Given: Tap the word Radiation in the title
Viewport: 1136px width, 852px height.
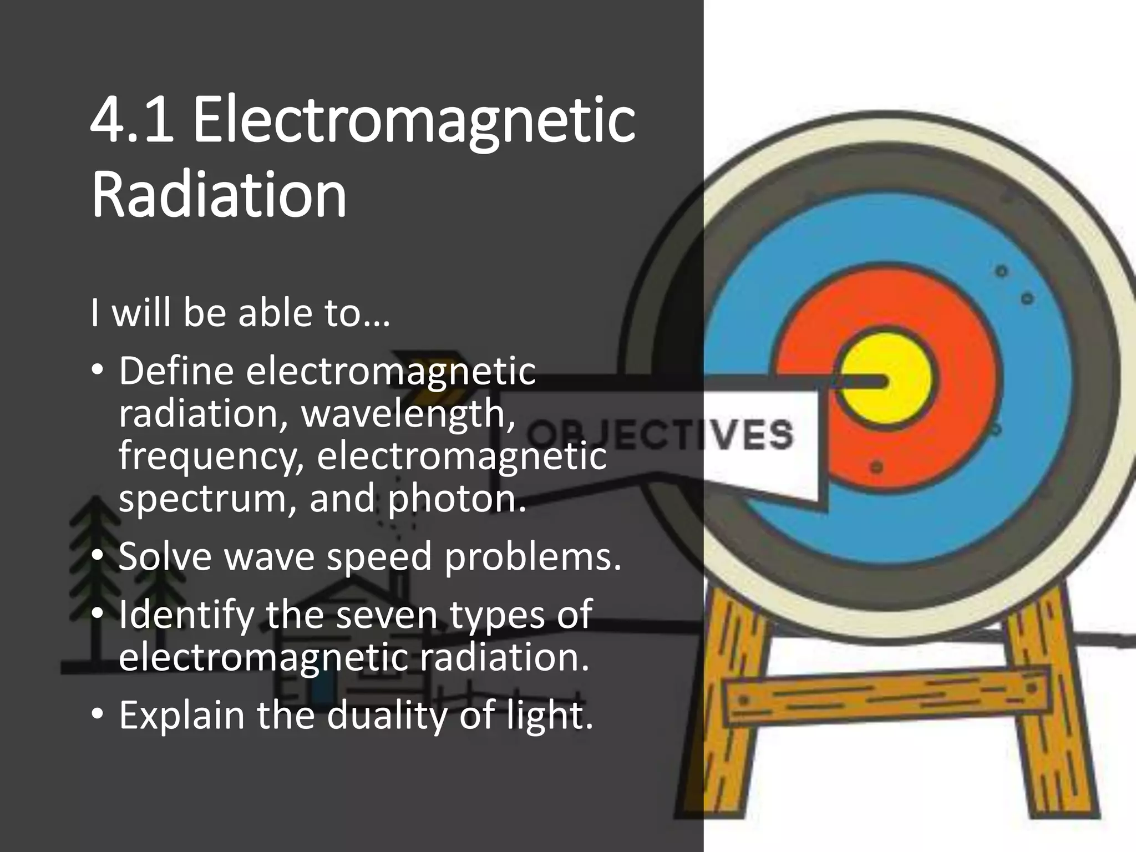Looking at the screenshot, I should pos(219,194).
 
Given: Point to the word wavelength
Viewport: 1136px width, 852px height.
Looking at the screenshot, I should pos(408,413).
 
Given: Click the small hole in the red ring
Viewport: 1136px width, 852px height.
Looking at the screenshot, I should pos(877,466).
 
